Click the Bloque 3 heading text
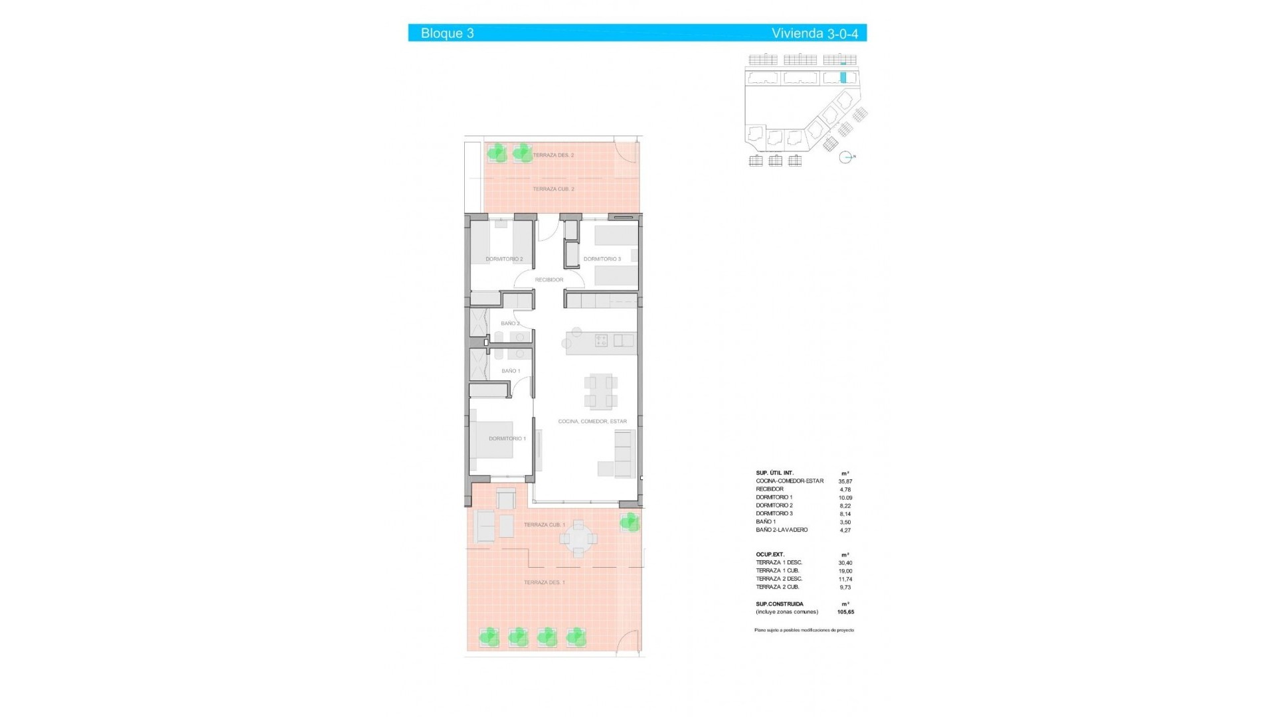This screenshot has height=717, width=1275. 447,33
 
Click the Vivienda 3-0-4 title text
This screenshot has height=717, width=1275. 814,33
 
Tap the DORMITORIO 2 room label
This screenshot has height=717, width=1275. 504,259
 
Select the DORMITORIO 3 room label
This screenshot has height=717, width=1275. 602,259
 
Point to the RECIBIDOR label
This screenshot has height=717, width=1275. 549,280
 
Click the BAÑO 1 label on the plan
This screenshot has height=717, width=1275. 511,371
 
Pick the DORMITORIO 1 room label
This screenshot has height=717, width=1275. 507,439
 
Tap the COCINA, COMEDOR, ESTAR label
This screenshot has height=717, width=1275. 592,422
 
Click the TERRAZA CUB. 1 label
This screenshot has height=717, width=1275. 545,525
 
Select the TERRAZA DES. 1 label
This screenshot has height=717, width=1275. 545,583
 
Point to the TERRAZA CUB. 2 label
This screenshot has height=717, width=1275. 553,189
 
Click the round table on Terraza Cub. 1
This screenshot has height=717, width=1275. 579,538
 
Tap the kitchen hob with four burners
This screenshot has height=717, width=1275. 601,341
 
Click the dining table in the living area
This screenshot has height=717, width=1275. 600,392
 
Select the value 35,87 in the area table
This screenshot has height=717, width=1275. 845,481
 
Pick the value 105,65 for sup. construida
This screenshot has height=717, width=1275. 845,612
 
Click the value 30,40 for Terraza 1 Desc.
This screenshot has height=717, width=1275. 845,563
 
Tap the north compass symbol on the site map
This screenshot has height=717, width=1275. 845,157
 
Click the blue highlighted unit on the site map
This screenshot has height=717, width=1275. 843,78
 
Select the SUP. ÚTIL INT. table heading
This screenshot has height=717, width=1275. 774,473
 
